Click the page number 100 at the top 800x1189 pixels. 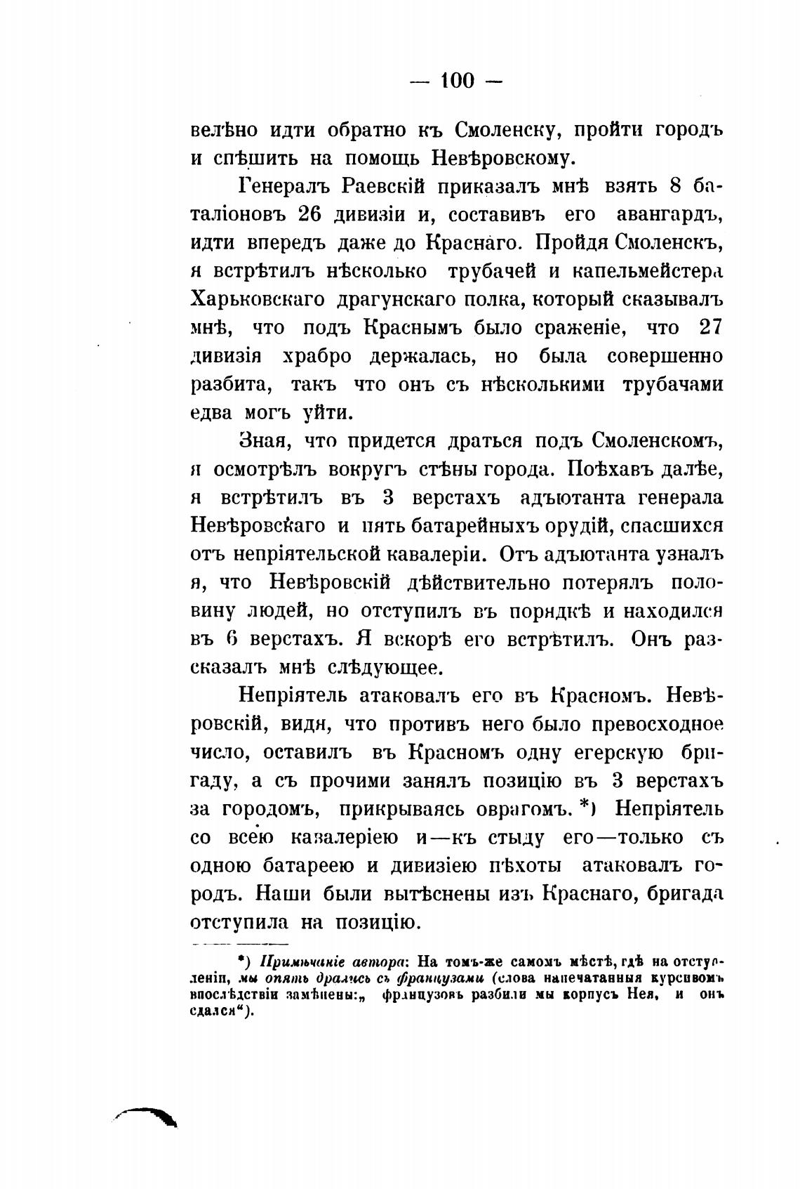(456, 81)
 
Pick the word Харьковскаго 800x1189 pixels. (258, 298)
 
